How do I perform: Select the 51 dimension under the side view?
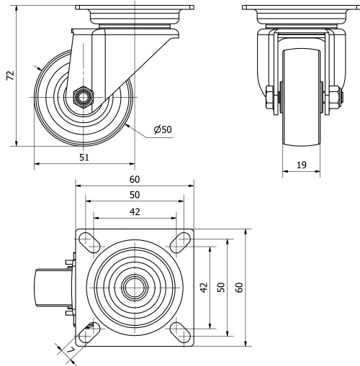click(x=84, y=158)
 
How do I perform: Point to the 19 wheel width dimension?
click(x=301, y=165)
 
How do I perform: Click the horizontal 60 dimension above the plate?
click(x=134, y=179)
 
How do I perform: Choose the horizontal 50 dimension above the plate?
click(x=134, y=195)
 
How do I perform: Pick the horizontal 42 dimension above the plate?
click(x=134, y=211)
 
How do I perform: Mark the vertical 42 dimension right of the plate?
click(x=204, y=288)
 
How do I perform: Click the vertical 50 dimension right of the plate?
click(x=222, y=288)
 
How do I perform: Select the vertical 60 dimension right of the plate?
click(x=240, y=288)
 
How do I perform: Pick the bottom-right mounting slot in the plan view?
click(x=177, y=329)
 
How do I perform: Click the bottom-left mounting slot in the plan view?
click(x=91, y=329)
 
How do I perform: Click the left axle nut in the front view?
click(x=268, y=99)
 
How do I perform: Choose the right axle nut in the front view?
click(x=336, y=99)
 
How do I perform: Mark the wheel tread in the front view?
click(x=302, y=108)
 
